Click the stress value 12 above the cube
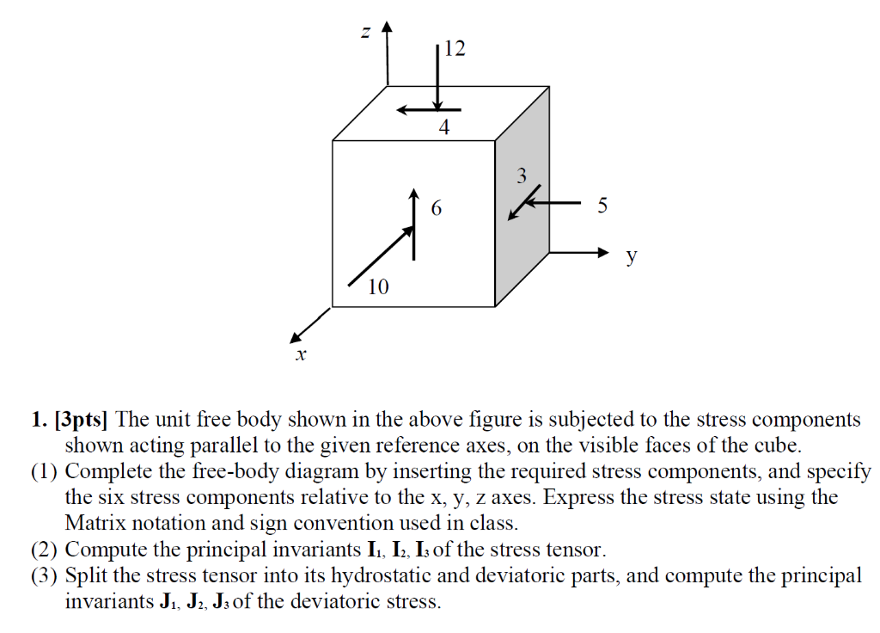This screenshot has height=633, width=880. (455, 49)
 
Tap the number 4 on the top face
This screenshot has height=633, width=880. (443, 129)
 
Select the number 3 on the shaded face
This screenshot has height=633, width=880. (521, 177)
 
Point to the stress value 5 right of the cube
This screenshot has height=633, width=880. (602, 206)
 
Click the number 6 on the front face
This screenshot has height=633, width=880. (437, 208)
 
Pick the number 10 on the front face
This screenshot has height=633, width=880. (378, 287)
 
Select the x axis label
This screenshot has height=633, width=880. (301, 353)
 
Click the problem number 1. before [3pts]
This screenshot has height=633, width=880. (37, 420)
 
